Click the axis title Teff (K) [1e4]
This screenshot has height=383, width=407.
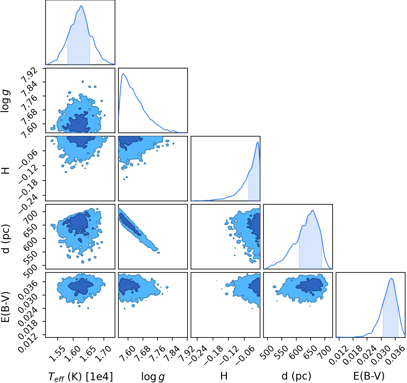click(x=80, y=377)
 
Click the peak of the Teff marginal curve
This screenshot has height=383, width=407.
click(x=81, y=6)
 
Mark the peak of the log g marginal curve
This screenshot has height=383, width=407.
click(x=123, y=74)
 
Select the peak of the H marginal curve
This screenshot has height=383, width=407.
click(x=258, y=142)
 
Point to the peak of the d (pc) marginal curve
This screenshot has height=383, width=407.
click(x=313, y=210)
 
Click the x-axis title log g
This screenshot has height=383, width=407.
click(x=153, y=377)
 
